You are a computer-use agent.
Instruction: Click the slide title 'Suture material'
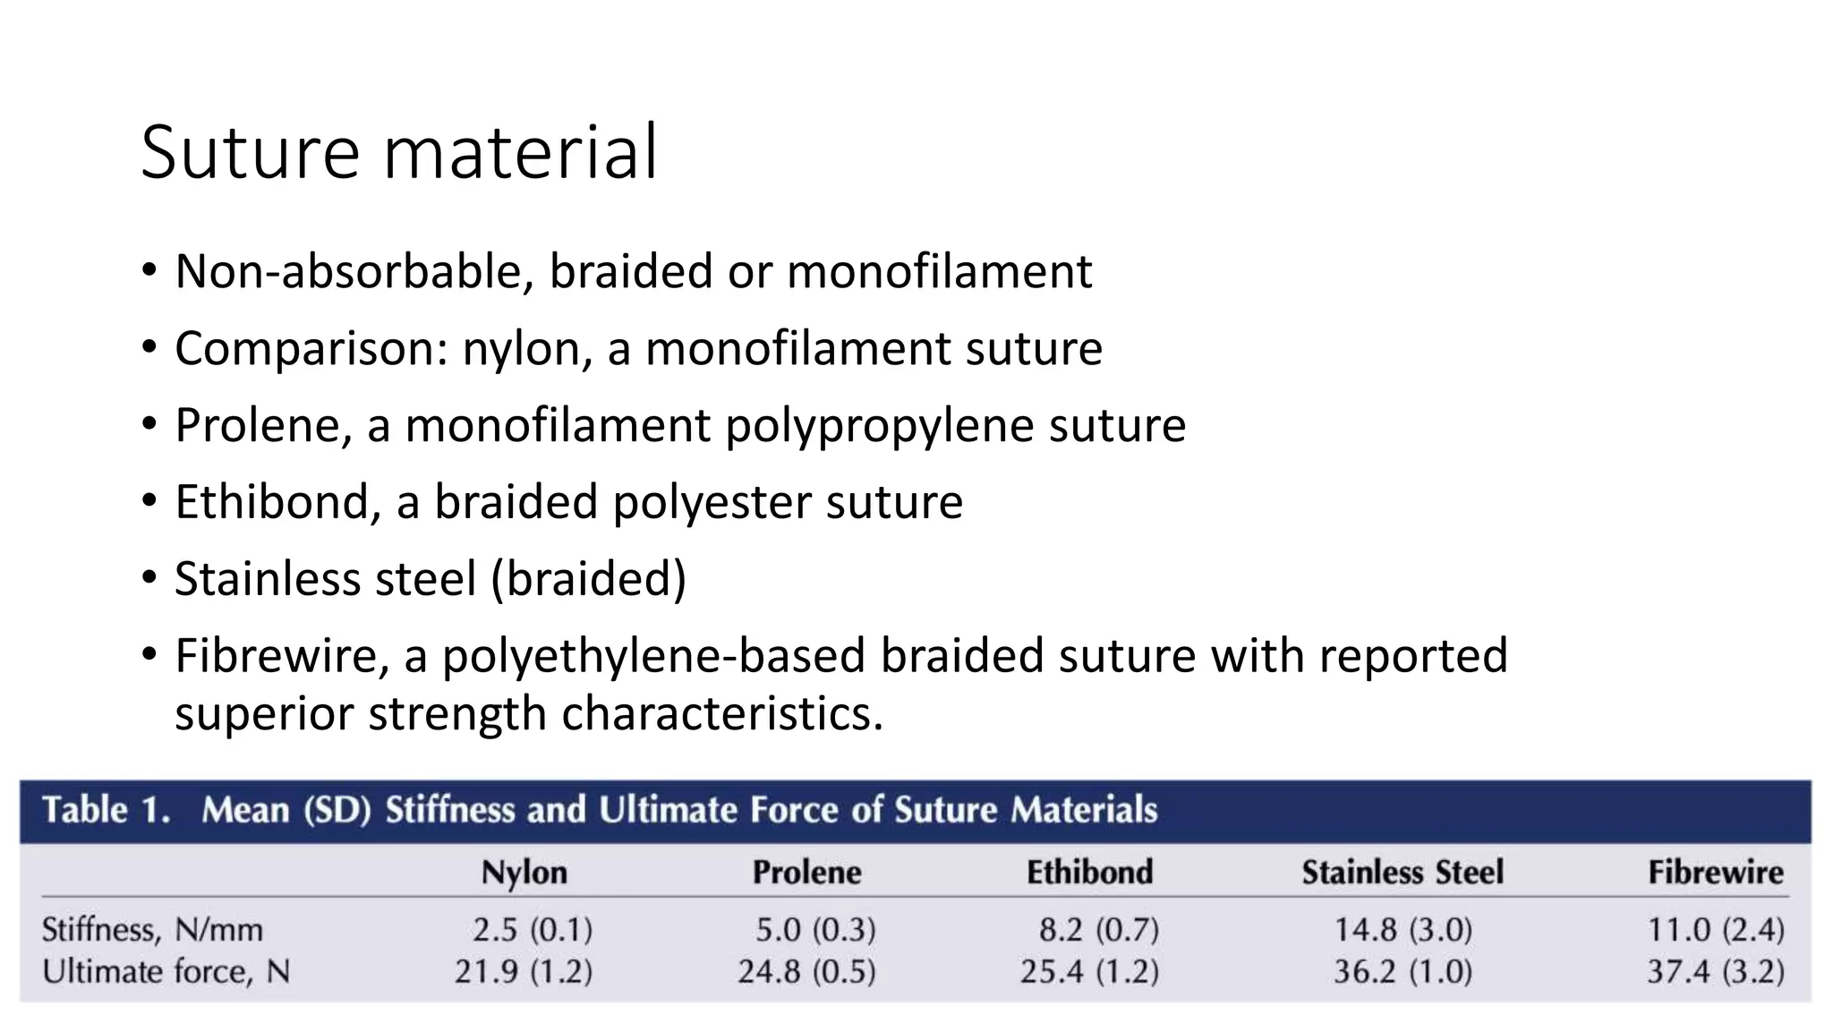point(399,152)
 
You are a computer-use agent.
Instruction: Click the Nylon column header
point(524,872)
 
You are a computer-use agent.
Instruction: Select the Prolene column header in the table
point(806,872)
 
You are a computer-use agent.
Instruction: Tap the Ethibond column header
point(1089,872)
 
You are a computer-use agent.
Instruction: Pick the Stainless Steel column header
point(1402,872)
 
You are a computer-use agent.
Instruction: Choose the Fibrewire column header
point(1715,872)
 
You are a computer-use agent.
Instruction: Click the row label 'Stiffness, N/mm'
point(152,930)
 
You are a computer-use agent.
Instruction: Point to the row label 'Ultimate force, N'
point(166,971)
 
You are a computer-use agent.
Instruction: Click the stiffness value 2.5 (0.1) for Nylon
point(533,930)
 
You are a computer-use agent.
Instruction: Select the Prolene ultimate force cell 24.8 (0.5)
point(806,971)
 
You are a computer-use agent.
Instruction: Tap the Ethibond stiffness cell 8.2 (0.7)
point(1098,930)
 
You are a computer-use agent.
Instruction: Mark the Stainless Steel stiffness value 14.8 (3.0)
point(1402,930)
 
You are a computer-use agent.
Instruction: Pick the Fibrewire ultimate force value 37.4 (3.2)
point(1715,971)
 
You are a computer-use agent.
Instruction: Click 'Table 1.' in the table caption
point(106,810)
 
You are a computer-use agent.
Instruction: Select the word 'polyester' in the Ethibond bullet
point(711,502)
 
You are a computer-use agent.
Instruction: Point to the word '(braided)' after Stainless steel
point(588,579)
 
